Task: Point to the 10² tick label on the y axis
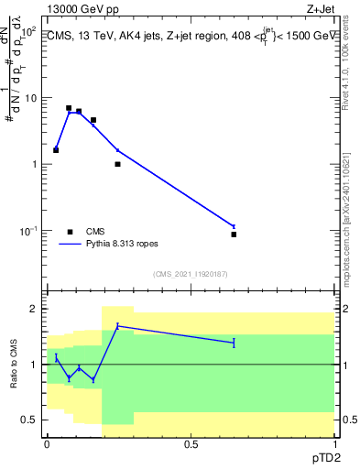[x=28, y=31]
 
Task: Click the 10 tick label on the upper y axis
[x=29, y=98]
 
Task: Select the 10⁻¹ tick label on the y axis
[x=27, y=231]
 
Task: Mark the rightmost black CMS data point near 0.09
[x=234, y=234]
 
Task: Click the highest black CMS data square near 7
[x=69, y=108]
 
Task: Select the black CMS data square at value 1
[x=117, y=164]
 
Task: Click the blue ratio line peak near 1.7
[x=117, y=325]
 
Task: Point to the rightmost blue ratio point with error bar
[x=234, y=343]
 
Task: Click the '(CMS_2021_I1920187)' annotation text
[x=191, y=274]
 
